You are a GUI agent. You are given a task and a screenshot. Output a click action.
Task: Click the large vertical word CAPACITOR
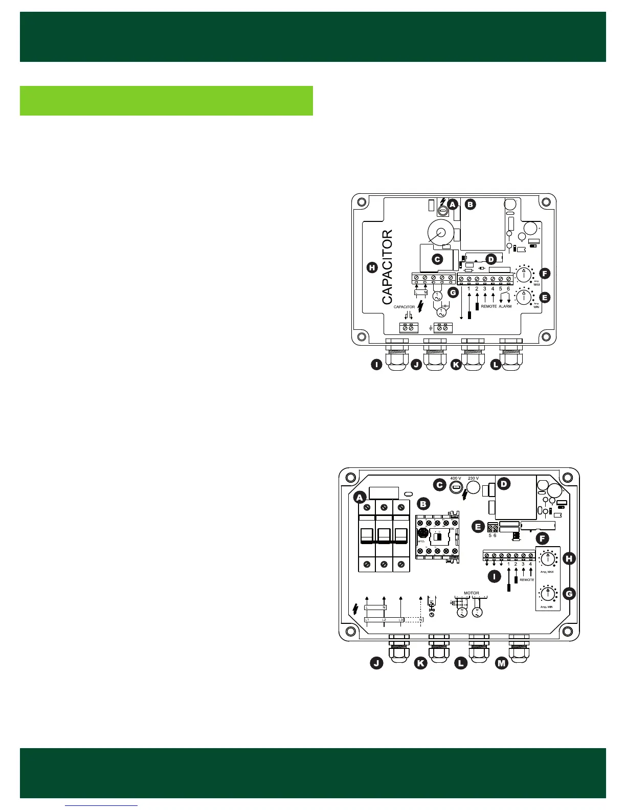[388, 266]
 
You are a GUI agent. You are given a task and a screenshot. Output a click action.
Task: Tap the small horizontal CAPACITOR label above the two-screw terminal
[404, 307]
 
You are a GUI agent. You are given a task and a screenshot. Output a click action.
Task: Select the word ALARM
[505, 306]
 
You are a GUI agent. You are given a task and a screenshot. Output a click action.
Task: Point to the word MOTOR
[471, 593]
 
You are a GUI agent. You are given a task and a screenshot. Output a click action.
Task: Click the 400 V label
[455, 479]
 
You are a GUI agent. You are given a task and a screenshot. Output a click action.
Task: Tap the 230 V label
[474, 479]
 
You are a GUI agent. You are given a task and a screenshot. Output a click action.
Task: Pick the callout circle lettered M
[502, 663]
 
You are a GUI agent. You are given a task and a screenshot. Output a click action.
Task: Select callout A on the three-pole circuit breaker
[360, 497]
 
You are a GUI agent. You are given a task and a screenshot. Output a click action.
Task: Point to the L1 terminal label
[367, 620]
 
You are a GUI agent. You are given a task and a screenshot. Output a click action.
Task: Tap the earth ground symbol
[431, 327]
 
